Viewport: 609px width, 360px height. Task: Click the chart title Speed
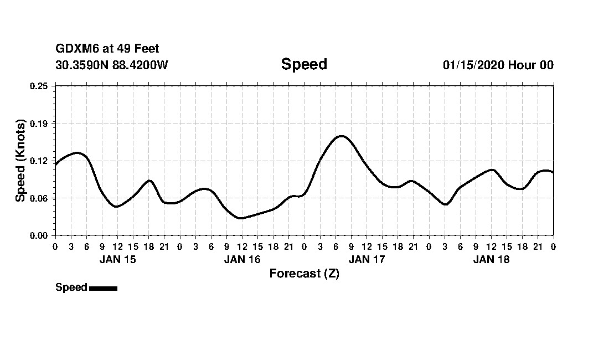point(304,64)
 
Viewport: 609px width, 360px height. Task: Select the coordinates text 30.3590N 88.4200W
point(111,65)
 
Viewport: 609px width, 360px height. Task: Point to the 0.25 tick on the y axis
point(39,86)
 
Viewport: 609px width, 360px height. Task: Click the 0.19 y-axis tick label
point(39,123)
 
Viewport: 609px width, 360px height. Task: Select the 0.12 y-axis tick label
point(39,161)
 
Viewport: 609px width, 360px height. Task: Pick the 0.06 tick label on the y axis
point(39,198)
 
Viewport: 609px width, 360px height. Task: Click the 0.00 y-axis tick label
point(39,235)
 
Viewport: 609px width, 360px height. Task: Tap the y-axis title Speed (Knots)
point(20,161)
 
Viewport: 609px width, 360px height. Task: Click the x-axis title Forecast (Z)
point(304,274)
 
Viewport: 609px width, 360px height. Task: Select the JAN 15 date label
point(117,259)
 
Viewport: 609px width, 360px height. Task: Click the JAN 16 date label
point(242,259)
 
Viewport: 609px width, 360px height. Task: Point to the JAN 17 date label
point(367,259)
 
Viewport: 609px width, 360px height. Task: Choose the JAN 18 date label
point(491,259)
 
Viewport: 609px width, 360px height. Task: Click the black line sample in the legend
point(103,288)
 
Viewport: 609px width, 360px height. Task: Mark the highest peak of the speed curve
point(341,136)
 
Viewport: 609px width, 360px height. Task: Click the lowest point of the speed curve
point(240,218)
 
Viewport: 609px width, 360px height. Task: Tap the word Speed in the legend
point(71,287)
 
